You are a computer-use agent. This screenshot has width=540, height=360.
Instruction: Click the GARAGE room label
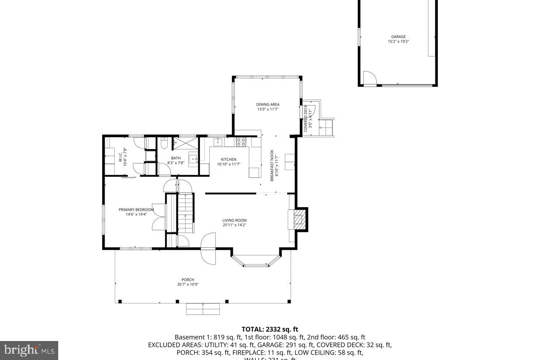pyautogui.click(x=398, y=37)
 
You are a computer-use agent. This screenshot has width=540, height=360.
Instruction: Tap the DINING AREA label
pyautogui.click(x=268, y=105)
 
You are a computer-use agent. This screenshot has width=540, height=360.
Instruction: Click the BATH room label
pyautogui.click(x=175, y=158)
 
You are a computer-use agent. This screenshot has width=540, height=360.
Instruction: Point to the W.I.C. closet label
pyautogui.click(x=120, y=157)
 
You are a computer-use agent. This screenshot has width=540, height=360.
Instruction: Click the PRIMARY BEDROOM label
pyautogui.click(x=136, y=210)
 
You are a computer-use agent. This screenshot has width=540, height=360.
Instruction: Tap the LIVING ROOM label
pyautogui.click(x=235, y=220)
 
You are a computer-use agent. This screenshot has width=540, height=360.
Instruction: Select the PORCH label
pyautogui.click(x=188, y=280)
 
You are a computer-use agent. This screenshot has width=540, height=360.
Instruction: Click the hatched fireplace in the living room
pyautogui.click(x=299, y=219)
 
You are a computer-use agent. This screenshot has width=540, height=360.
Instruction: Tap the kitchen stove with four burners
pyautogui.click(x=241, y=142)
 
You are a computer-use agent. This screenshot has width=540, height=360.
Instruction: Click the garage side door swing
pyautogui.click(x=369, y=78)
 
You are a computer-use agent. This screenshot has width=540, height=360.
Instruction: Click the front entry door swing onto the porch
pyautogui.click(x=208, y=249)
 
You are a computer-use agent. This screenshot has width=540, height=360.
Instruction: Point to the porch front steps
pyautogui.click(x=203, y=309)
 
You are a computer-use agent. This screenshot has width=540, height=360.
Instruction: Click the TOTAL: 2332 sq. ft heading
pyautogui.click(x=270, y=329)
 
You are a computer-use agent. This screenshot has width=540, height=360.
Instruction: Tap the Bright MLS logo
pyautogui.click(x=29, y=350)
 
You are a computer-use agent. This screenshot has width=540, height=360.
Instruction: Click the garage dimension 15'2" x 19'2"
pyautogui.click(x=398, y=42)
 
